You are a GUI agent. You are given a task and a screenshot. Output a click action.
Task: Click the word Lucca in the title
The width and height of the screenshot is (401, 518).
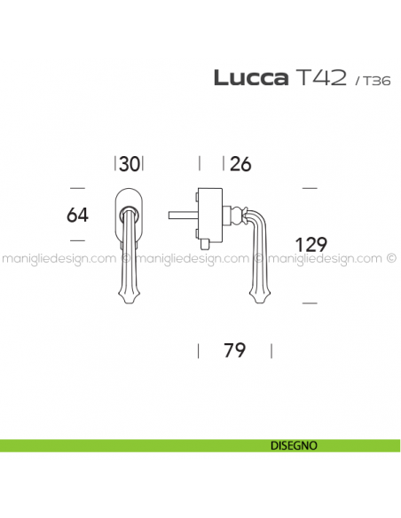[250, 77]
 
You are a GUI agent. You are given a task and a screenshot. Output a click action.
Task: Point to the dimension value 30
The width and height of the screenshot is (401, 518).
[130, 163]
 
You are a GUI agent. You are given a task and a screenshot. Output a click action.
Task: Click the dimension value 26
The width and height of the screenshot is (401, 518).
[240, 163]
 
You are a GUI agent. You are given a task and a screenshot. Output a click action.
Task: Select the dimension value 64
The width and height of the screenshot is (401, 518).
[77, 214]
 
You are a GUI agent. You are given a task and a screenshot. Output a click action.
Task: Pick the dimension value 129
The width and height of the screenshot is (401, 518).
[311, 244]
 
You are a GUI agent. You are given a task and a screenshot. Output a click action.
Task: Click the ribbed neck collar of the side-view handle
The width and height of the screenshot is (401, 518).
[233, 213]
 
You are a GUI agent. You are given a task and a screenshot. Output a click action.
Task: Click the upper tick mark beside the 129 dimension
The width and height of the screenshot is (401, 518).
[310, 188]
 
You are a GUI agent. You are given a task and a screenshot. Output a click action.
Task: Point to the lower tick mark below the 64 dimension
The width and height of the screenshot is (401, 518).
[76, 240]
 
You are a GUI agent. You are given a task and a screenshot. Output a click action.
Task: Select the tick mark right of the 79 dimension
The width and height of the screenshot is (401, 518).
[266, 349]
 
